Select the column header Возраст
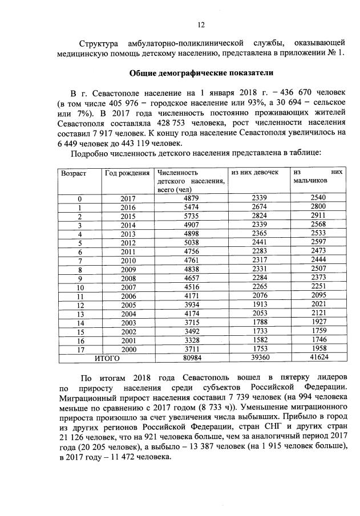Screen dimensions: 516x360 [74, 172]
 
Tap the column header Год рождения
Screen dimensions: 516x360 [127, 172]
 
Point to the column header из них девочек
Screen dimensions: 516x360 [254, 172]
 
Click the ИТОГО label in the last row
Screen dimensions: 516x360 [107, 359]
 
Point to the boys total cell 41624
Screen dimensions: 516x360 [318, 359]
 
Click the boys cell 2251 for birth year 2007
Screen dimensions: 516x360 [318, 287]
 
